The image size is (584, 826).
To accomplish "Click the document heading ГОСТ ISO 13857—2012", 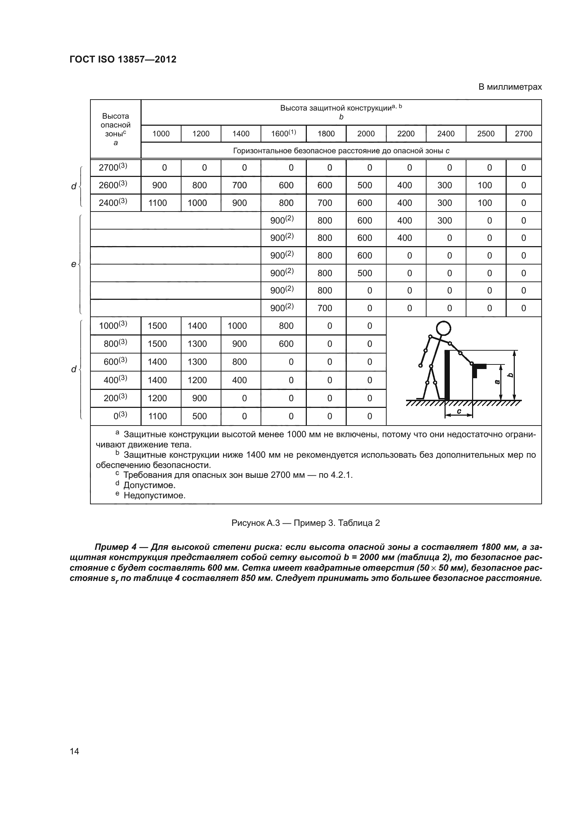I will coord(123,59).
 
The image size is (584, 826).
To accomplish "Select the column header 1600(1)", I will coord(284,133).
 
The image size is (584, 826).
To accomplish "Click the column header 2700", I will coord(523,134).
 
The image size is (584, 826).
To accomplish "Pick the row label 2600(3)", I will coord(113,185).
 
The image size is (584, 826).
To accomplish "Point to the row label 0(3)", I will coord(120,416).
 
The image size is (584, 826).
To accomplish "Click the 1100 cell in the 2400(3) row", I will coord(157,203).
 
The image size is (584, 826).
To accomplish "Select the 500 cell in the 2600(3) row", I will coord(365,185).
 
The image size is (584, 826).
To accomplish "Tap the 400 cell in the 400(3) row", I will coord(239,380).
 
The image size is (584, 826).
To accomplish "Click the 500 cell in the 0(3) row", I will coord(199,416).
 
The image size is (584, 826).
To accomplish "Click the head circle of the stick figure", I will coord(443,328).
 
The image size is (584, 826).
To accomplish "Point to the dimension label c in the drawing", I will coord(459,411).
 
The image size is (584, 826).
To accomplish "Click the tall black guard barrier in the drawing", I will coord(447,374).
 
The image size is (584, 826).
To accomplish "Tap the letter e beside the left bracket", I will coord(73,264).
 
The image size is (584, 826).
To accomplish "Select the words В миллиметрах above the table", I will coord(509,87).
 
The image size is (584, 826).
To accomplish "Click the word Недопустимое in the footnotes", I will coord(154,495).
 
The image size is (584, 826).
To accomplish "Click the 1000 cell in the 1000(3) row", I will coord(237,326).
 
